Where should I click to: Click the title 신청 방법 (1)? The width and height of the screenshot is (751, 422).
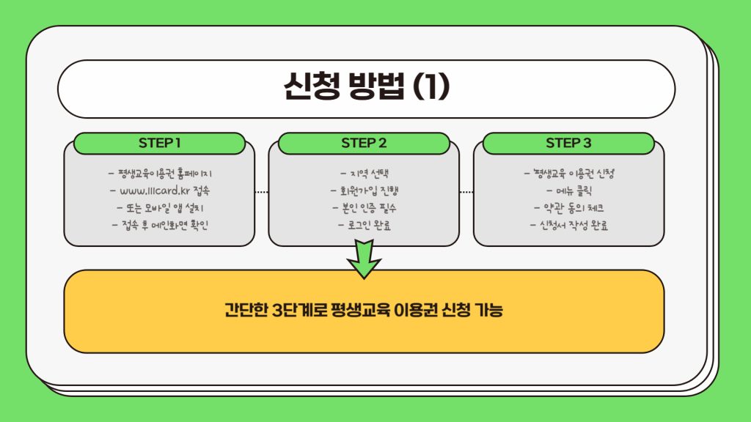[x=366, y=87]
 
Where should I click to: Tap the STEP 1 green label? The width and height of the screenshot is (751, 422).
[x=159, y=143]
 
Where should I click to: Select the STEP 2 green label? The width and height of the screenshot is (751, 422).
[x=364, y=143]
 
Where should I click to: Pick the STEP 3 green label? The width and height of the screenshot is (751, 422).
[x=568, y=143]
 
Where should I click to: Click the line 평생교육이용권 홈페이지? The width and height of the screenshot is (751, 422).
[x=160, y=174]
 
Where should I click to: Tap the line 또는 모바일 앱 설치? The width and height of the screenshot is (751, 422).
[x=160, y=208]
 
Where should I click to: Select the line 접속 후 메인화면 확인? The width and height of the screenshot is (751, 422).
[x=160, y=225]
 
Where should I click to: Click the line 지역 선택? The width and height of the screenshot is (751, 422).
[x=364, y=174]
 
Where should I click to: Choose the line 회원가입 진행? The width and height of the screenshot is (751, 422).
[x=364, y=191]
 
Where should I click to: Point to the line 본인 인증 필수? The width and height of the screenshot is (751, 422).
[x=364, y=208]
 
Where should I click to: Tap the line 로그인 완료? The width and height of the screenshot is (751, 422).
[x=364, y=225]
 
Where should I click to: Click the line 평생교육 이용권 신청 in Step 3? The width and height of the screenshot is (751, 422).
[x=569, y=174]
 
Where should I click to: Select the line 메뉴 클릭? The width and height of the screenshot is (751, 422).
[x=569, y=191]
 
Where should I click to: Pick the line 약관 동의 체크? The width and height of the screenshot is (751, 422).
[x=569, y=208]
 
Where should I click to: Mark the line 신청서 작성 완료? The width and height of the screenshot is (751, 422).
[x=569, y=225]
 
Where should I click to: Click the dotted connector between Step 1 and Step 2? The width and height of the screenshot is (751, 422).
[x=262, y=192]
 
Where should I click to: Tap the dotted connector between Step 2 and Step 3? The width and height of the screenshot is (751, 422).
[x=466, y=192]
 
